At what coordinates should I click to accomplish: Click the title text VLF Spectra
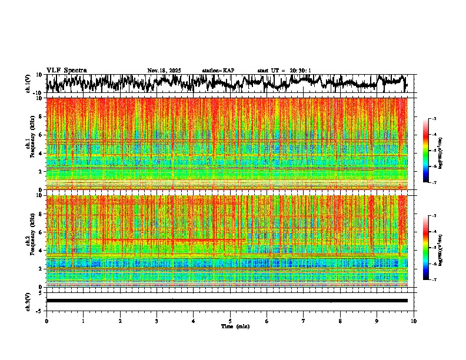[66, 70]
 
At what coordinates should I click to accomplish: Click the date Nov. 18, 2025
[164, 71]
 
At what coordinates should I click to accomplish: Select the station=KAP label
[218, 71]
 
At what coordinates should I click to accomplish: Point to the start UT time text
[284, 71]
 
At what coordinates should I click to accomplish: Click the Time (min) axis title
[230, 326]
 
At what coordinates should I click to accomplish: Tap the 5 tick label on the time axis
[230, 321]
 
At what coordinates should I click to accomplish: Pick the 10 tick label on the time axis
[414, 321]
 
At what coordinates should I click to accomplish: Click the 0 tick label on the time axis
[46, 321]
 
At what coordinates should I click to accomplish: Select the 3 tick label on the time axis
[157, 321]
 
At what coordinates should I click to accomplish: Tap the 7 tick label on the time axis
[304, 321]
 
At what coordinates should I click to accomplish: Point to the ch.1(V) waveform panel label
[28, 84]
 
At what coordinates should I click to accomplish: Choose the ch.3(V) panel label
[28, 301]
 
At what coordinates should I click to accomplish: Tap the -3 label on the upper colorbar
[434, 119]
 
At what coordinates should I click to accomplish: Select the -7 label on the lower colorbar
[434, 280]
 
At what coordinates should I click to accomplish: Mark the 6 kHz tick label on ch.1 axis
[41, 135]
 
